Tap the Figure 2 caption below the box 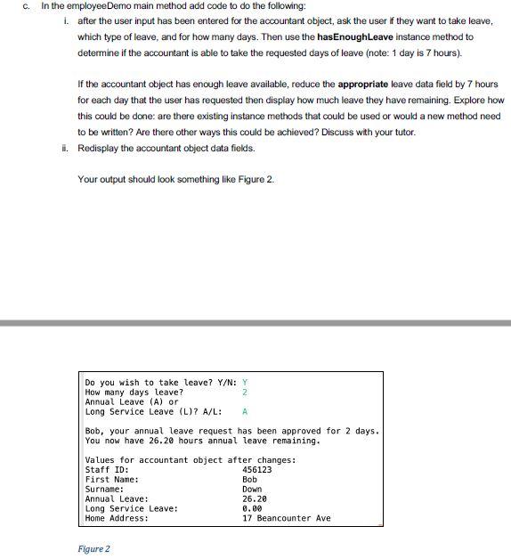coord(93,548)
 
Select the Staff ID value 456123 coord(257,469)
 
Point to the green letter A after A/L coord(245,411)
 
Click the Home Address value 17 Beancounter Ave coord(286,518)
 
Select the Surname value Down coord(252,489)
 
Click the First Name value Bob coord(249,479)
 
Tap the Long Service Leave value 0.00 coord(252,508)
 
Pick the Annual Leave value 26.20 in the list coord(255,498)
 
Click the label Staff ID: coord(107,469)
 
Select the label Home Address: coord(117,518)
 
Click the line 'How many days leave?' coord(134,392)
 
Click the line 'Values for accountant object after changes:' coord(190,459)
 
